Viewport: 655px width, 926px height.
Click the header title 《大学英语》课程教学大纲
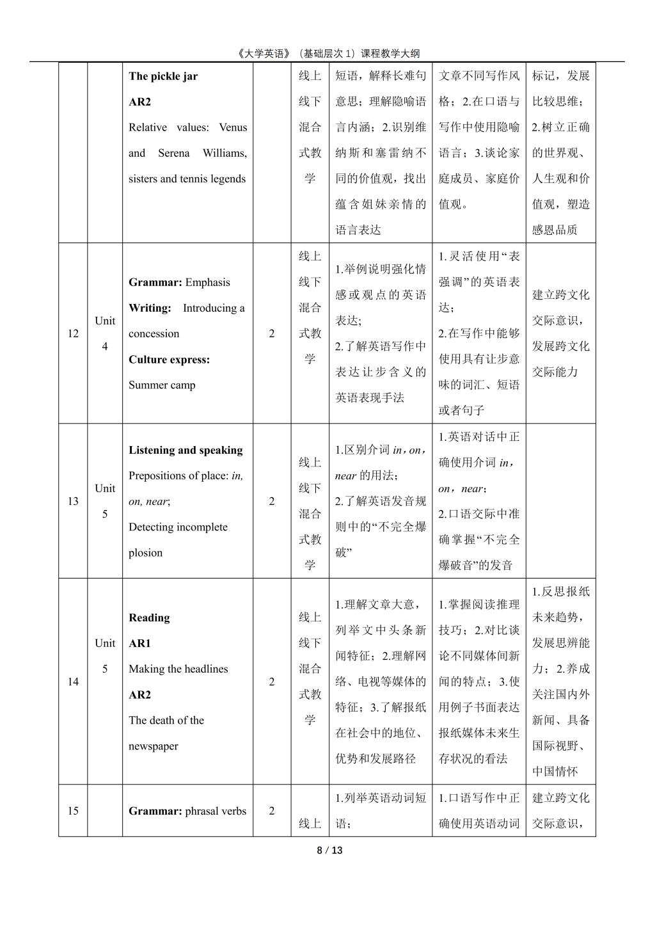pos(327,54)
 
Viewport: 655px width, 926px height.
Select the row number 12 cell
pos(73,333)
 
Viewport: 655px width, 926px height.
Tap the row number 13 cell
pos(73,501)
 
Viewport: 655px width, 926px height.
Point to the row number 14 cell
pos(73,682)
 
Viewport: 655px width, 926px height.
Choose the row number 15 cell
pos(73,811)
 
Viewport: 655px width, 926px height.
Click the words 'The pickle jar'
pos(163,76)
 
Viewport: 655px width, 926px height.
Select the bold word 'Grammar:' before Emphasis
pos(155,282)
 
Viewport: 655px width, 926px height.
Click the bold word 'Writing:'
pos(150,308)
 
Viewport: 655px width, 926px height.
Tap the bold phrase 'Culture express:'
pos(169,359)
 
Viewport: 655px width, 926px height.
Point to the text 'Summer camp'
pos(162,385)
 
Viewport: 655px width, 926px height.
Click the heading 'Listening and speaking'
pos(185,450)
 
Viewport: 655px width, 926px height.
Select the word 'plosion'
pos(145,552)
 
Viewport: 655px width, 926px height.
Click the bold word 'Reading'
pos(148,618)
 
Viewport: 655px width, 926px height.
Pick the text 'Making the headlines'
pos(178,669)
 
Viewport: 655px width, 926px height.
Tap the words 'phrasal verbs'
pos(216,811)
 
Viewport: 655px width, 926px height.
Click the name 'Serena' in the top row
pos(174,153)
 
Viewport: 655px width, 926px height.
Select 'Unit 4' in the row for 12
pos(105,333)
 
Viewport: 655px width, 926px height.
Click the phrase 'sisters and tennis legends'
pos(187,179)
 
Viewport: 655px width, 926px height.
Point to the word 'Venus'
pos(232,127)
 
